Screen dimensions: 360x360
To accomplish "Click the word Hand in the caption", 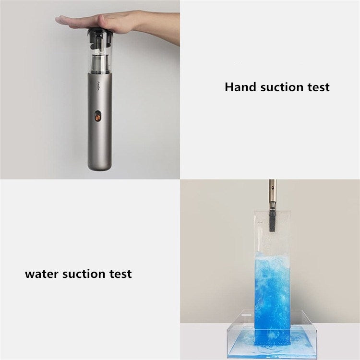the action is coord(240,87).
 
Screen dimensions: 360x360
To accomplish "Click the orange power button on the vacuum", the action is coord(98,118).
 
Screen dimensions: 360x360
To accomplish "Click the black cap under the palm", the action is coord(101,32).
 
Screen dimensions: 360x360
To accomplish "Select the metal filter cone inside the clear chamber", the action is coord(100,64).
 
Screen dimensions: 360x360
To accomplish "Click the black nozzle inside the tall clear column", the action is coord(272,221).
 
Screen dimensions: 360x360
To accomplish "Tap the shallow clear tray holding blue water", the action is coord(272,335).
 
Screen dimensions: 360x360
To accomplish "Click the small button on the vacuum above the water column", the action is coord(272,187).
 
